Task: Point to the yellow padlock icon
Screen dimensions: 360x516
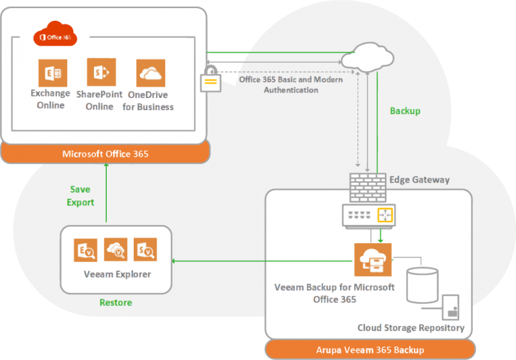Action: (210, 81)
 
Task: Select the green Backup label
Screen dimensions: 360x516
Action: (405, 110)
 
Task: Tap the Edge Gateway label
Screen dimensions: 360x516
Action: (419, 180)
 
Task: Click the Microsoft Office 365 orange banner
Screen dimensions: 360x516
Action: (105, 154)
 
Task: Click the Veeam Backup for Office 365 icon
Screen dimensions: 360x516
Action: (372, 261)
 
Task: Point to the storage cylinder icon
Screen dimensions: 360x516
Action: (423, 285)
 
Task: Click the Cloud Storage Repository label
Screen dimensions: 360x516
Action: (411, 328)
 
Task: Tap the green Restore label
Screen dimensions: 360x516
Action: (116, 302)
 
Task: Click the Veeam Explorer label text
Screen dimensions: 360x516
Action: (117, 274)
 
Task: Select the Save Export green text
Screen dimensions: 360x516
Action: (81, 196)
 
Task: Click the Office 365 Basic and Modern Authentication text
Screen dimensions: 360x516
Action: (291, 85)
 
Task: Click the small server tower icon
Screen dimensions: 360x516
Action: (452, 309)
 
